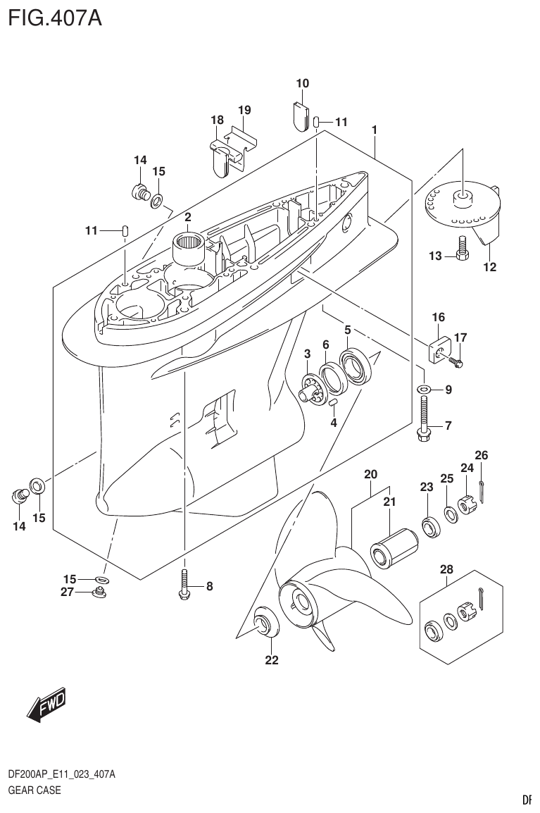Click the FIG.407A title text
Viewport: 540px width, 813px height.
pos(55,17)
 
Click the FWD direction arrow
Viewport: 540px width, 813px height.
pos(46,705)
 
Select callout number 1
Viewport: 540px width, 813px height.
pos(375,130)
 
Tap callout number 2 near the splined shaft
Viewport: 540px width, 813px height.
pos(188,217)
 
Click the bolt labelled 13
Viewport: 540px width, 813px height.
pos(462,250)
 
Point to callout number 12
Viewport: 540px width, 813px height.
pos(489,267)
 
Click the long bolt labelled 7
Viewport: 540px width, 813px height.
pos(425,419)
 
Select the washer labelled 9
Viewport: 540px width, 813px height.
pos(425,389)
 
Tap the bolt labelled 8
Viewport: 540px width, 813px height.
pos(184,585)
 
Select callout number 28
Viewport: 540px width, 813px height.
pos(447,569)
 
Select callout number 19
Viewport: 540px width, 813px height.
pos(244,110)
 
